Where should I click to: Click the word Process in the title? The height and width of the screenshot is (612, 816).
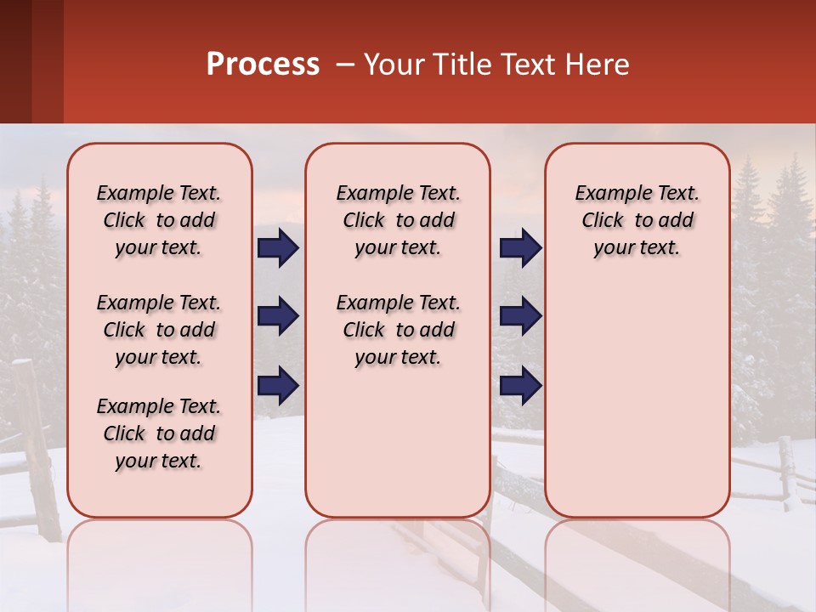point(263,65)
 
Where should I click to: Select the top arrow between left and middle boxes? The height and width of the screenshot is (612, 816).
point(278,247)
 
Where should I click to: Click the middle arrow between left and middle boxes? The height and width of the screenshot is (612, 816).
point(278,316)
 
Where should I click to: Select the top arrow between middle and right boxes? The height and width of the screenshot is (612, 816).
point(520,247)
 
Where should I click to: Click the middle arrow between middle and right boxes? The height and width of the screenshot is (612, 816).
point(520,316)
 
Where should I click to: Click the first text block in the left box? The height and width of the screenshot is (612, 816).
point(159,220)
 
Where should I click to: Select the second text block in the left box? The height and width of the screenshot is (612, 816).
point(159,330)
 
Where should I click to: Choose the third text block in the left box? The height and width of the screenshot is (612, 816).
point(159,433)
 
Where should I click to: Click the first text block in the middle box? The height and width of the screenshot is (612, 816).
point(398,220)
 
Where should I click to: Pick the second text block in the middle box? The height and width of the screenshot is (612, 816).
point(398,330)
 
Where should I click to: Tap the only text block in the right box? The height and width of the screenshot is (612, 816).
point(637,220)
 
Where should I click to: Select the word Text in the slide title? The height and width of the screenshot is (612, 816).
point(524,65)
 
